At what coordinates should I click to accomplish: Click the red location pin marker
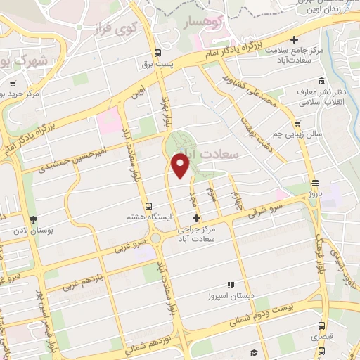pos(181,167)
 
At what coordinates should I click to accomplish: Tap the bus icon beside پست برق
pos(159,53)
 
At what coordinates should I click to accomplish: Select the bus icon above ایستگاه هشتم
pos(148,206)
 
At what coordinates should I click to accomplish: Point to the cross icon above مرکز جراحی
pos(196,219)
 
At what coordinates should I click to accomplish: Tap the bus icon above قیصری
pos(321,326)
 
